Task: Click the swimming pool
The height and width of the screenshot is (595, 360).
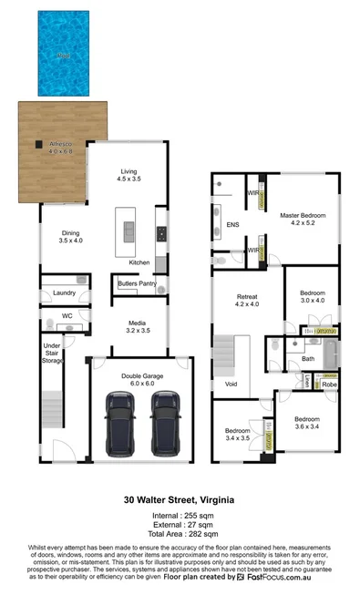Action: pos(64,54)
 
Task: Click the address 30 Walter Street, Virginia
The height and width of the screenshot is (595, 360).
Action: pos(180,499)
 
